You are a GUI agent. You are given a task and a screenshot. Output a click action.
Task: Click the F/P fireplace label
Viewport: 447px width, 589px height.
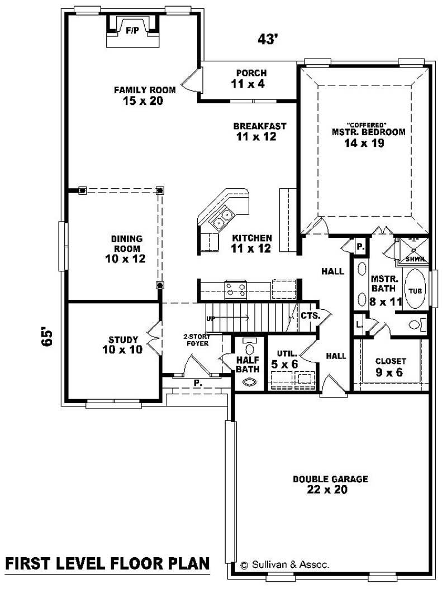tap(132, 31)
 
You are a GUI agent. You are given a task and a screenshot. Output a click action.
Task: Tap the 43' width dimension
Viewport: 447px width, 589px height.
tap(268, 39)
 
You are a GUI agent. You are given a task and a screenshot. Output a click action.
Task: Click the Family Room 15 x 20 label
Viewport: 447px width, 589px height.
tap(144, 95)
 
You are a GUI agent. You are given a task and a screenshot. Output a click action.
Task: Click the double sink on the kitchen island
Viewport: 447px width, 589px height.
tap(222, 217)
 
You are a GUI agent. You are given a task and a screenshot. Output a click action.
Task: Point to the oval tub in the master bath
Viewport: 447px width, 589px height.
tap(415, 289)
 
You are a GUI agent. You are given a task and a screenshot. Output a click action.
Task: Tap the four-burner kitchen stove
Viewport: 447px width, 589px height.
tap(236, 289)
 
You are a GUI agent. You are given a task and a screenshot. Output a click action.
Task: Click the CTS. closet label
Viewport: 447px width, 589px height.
tap(310, 315)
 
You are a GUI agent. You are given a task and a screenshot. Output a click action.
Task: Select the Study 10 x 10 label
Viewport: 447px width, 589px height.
tap(123, 344)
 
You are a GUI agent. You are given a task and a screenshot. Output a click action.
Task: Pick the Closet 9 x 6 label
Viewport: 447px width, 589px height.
tap(391, 367)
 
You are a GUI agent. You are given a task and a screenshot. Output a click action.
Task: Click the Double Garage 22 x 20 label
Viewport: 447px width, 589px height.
tap(330, 484)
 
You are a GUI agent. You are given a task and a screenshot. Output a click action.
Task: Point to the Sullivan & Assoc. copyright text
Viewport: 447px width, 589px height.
tap(284, 565)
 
